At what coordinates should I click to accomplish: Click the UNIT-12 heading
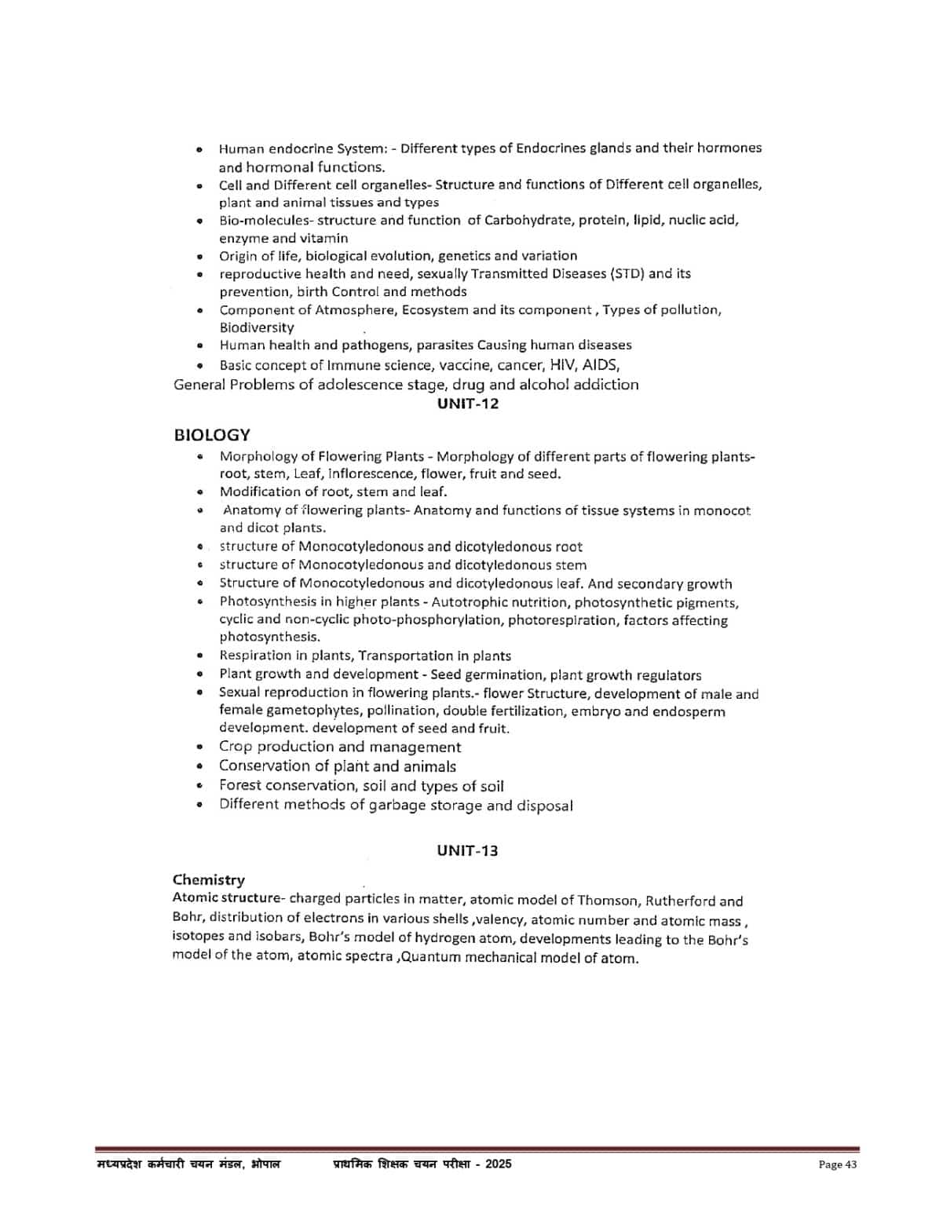pos(467,404)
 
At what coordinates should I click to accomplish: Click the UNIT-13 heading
pos(467,850)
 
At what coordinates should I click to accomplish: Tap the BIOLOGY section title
pos(212,435)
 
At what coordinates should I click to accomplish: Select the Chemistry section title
pos(208,879)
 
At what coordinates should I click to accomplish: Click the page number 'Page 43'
pos(837,1164)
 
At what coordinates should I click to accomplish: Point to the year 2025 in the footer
pos(498,1164)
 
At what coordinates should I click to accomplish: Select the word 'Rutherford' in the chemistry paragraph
pos(679,901)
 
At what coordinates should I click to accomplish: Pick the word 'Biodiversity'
pos(257,327)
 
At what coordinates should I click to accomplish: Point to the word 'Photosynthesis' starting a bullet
pos(266,602)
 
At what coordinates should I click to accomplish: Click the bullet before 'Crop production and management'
pos(201,747)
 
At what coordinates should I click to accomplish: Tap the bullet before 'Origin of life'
pos(201,256)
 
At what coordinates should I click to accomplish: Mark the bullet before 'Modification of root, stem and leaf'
pos(201,492)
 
